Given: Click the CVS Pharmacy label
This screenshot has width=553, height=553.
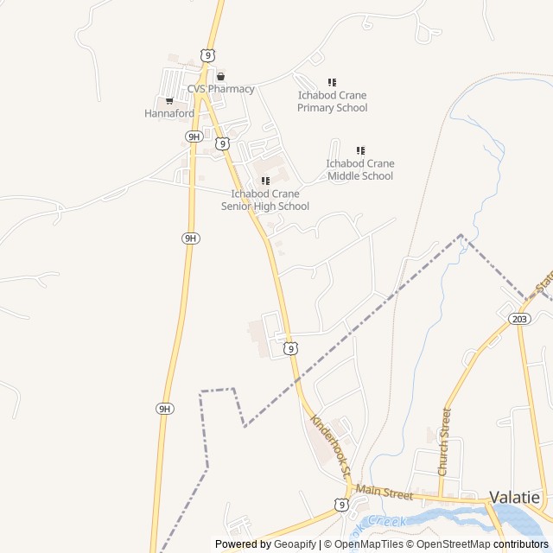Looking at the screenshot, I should pyautogui.click(x=221, y=89).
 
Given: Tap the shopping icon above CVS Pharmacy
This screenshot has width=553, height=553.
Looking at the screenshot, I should pyautogui.click(x=220, y=76).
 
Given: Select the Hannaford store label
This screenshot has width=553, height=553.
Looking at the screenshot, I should pyautogui.click(x=168, y=113).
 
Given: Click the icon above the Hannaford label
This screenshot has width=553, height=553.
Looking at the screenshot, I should pyautogui.click(x=169, y=101).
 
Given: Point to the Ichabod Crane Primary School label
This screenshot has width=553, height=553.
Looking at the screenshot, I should pyautogui.click(x=332, y=101).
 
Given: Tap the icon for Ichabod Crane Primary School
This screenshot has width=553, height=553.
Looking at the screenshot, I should pyautogui.click(x=332, y=83).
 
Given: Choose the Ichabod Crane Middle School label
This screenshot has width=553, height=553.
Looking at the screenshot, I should pyautogui.click(x=359, y=169).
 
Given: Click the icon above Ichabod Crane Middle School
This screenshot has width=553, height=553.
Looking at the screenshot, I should pyautogui.click(x=360, y=151).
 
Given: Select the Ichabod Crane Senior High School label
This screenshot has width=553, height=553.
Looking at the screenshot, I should pyautogui.click(x=265, y=200).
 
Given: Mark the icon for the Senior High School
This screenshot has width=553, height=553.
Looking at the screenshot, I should pyautogui.click(x=265, y=181).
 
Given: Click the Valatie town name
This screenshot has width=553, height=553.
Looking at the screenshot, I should pyautogui.click(x=515, y=497).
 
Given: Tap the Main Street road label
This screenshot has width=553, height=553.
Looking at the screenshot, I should pyautogui.click(x=385, y=491).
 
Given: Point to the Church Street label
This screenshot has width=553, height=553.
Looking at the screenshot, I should pyautogui.click(x=444, y=442).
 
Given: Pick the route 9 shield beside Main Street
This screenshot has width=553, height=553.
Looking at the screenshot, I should pyautogui.click(x=342, y=504).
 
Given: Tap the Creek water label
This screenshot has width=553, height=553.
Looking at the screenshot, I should pyautogui.click(x=386, y=521).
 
